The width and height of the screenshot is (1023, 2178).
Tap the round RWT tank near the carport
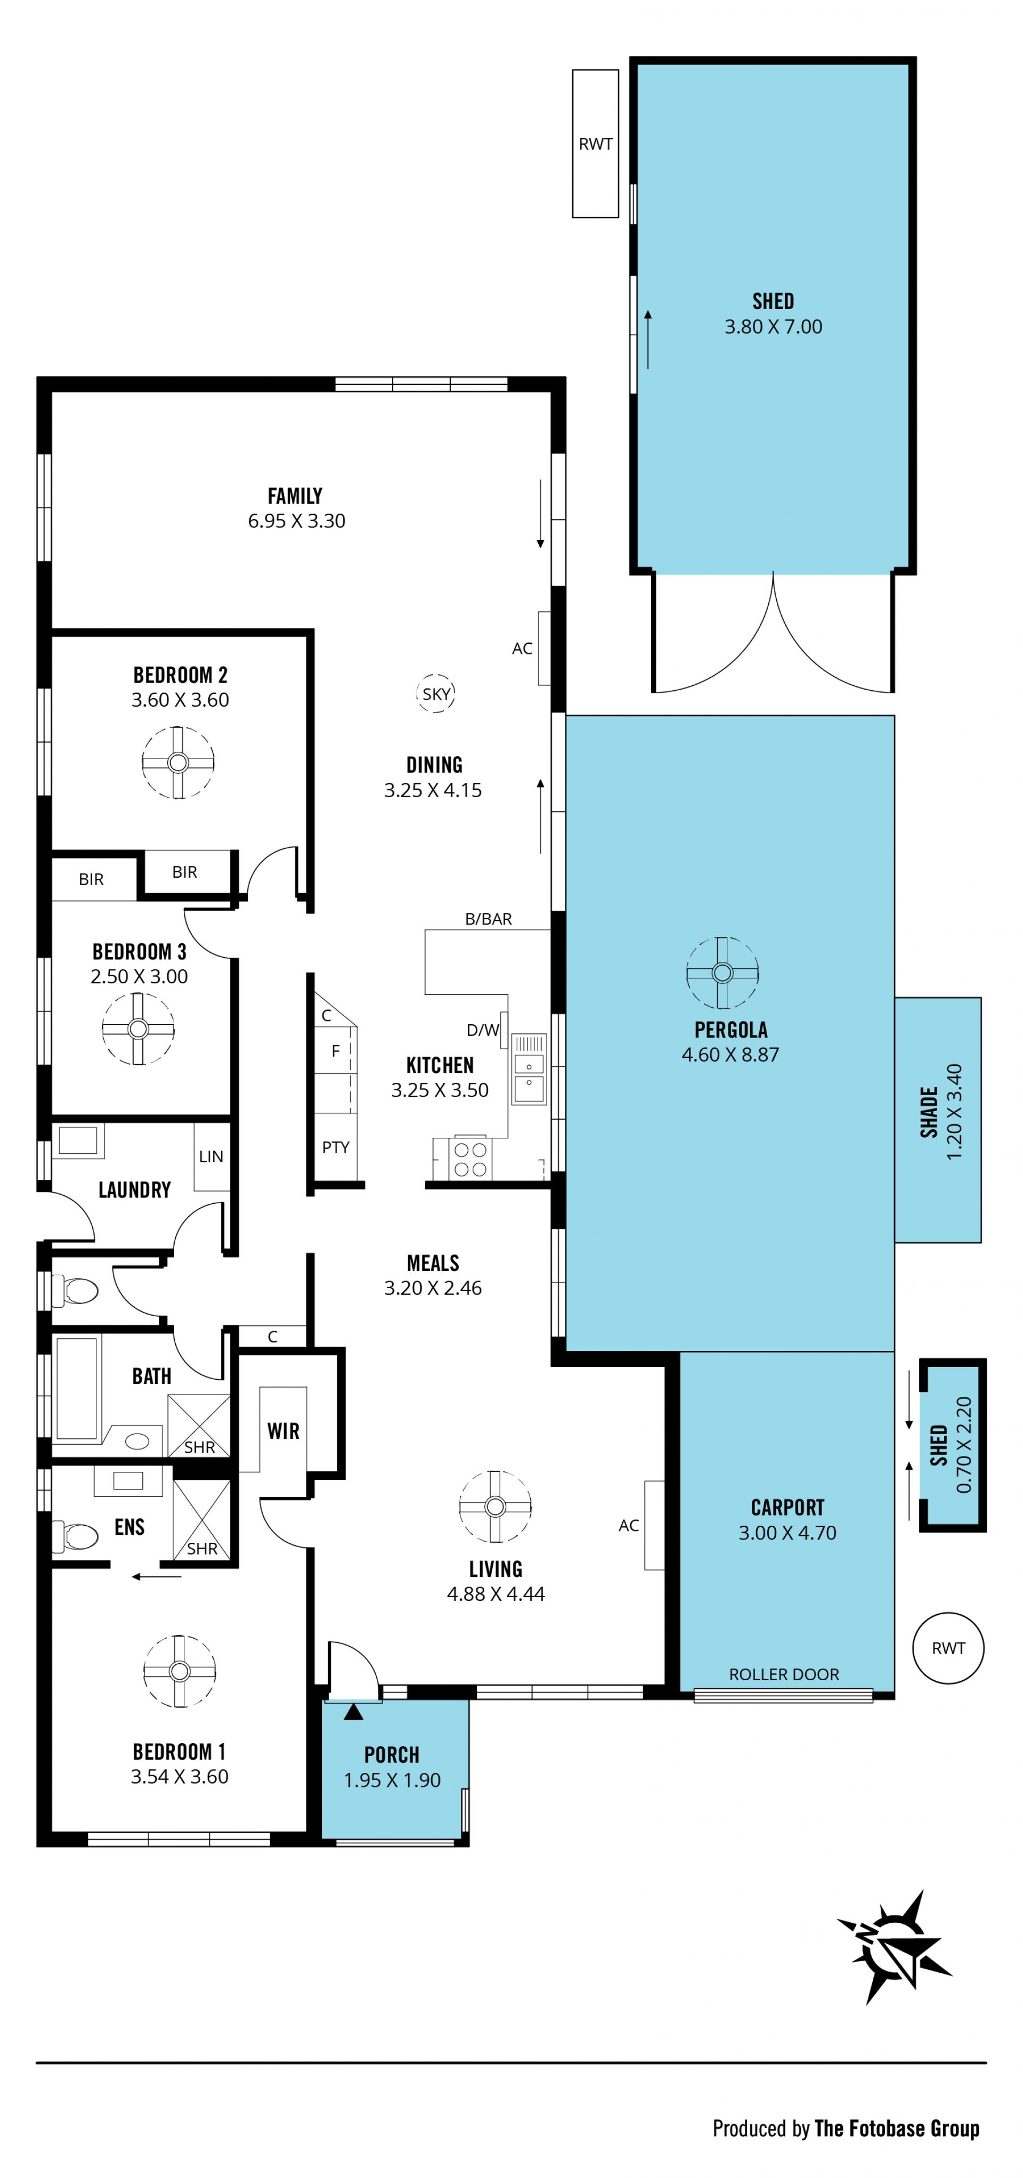coord(948,1647)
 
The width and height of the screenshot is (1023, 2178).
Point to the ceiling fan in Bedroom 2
coord(177,762)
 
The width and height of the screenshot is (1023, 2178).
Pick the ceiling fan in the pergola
coord(722,973)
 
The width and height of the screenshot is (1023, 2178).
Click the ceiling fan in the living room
coord(496,1506)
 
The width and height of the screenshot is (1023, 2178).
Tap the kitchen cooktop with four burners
coord(470,1159)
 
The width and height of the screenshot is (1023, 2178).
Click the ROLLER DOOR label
coord(784,1674)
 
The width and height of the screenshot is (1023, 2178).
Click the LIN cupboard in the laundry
coord(212,1156)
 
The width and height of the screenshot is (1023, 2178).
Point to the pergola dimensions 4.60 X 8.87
coord(730,1054)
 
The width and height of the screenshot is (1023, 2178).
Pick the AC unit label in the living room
coord(628,1525)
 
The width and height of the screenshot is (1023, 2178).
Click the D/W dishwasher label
coord(483,1029)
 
